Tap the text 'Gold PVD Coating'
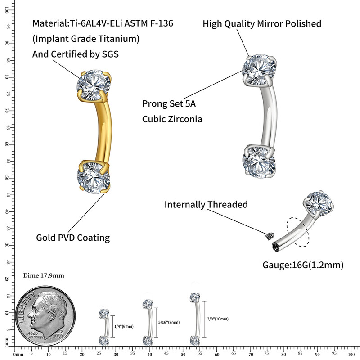point(73,237)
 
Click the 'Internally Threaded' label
point(206,205)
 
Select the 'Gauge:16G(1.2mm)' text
point(303,265)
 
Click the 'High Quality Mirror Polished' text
point(262,23)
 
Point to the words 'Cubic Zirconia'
point(172,119)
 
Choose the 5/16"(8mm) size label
point(169,322)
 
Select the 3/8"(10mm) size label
point(218,319)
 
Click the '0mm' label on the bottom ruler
point(19,354)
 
